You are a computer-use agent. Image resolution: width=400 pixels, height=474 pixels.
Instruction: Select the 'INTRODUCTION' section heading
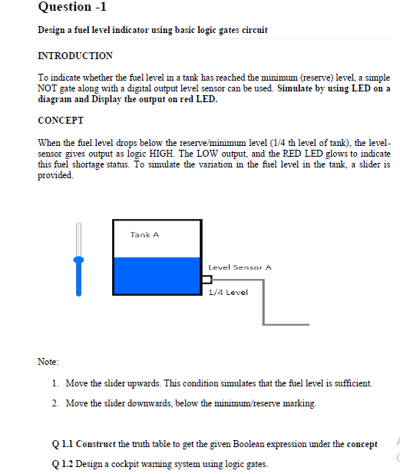coord(75,56)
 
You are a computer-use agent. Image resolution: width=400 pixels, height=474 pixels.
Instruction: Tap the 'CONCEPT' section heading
coord(61,121)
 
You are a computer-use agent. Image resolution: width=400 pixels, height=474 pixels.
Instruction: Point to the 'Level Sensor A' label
coord(240,267)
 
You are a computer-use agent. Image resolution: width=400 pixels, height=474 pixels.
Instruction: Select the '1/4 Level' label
coord(228,293)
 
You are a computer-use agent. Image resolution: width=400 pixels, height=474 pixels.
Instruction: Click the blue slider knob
coord(78,260)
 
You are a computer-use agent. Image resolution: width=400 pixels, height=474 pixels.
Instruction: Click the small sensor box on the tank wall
coord(206,279)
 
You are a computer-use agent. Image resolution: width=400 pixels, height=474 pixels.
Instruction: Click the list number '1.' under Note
coord(57,383)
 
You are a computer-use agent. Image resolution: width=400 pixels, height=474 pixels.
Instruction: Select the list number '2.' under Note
coord(57,403)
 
